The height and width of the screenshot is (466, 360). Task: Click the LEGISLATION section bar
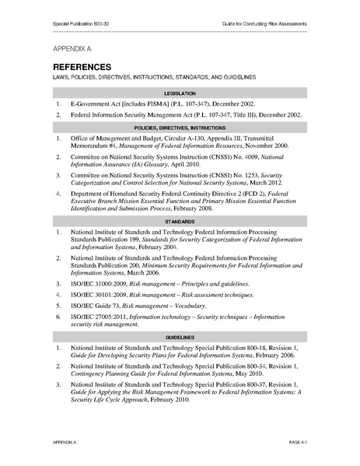point(180,92)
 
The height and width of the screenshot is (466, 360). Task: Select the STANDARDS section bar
point(180,222)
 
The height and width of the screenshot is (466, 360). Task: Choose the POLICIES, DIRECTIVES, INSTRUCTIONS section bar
point(180,126)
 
